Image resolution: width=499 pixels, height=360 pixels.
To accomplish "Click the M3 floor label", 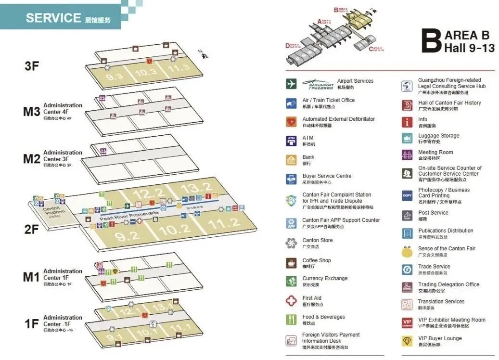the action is [31, 112].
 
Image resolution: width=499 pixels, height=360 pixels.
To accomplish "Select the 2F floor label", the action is [31, 229].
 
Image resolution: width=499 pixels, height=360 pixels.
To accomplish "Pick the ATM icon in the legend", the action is [291, 141].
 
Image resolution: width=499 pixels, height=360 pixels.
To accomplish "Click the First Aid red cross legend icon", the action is [291, 301].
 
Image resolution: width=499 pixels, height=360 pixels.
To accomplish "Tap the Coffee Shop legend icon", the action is [291, 263].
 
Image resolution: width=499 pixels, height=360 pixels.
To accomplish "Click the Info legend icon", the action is [407, 122].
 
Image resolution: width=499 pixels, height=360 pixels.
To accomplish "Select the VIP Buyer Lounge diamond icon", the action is [407, 341].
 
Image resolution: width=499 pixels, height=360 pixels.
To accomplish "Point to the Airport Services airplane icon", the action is [291, 84].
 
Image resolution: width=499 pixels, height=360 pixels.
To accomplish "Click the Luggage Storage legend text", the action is [438, 136].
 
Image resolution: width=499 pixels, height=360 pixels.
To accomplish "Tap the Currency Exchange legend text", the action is [325, 278].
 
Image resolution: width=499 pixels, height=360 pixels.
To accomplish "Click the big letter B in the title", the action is [431, 40].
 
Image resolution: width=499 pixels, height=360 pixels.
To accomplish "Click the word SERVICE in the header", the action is [53, 18].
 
